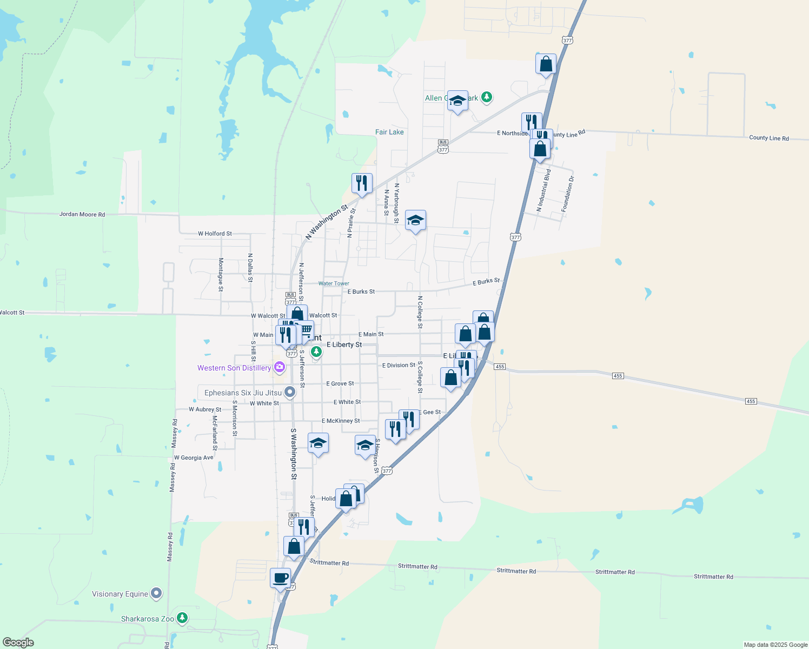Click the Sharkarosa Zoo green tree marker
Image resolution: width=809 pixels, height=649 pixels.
tap(183, 618)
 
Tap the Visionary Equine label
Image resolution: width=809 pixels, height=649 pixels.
tap(120, 594)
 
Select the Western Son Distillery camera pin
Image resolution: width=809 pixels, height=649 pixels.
tap(280, 367)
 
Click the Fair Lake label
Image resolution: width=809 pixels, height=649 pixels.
tap(389, 132)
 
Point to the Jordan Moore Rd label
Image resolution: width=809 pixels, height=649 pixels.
tap(82, 215)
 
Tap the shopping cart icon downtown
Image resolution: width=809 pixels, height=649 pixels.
tap(306, 329)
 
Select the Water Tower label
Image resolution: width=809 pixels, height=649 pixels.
tap(334, 283)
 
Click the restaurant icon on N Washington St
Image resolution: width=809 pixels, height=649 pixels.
tap(362, 183)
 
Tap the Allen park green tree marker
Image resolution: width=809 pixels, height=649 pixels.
tap(487, 97)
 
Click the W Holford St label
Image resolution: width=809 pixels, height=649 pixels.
tap(215, 234)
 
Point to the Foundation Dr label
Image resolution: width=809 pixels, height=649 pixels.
tap(567, 194)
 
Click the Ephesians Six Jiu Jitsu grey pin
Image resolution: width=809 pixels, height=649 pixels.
tap(290, 392)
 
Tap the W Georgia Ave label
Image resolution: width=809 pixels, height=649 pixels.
tap(194, 458)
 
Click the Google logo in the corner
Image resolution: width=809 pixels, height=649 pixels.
tap(18, 643)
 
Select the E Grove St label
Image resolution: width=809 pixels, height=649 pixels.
tap(340, 383)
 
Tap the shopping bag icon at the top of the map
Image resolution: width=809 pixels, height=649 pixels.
tap(546, 64)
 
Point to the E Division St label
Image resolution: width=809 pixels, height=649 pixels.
tap(399, 365)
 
